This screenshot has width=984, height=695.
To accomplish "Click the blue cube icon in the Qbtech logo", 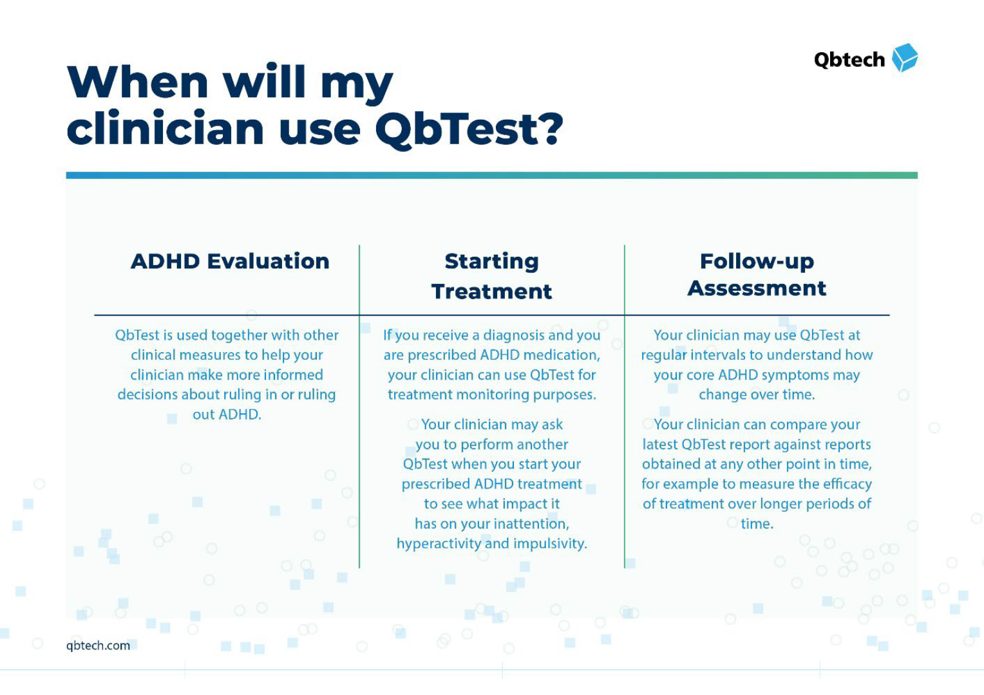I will point(904,58).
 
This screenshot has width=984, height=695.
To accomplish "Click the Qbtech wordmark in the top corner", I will point(849,60).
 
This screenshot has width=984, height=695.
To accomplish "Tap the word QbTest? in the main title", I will point(469,129).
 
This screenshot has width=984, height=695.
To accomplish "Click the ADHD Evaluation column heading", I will point(230,261).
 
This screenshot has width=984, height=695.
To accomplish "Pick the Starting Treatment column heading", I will point(491,276).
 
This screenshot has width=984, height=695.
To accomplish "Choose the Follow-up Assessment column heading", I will point(757,275).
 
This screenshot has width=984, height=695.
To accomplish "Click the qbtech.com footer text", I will point(98,645).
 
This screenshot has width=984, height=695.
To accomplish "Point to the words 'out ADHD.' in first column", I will point(227,414).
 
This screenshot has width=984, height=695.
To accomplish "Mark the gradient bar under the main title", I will point(491,175).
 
